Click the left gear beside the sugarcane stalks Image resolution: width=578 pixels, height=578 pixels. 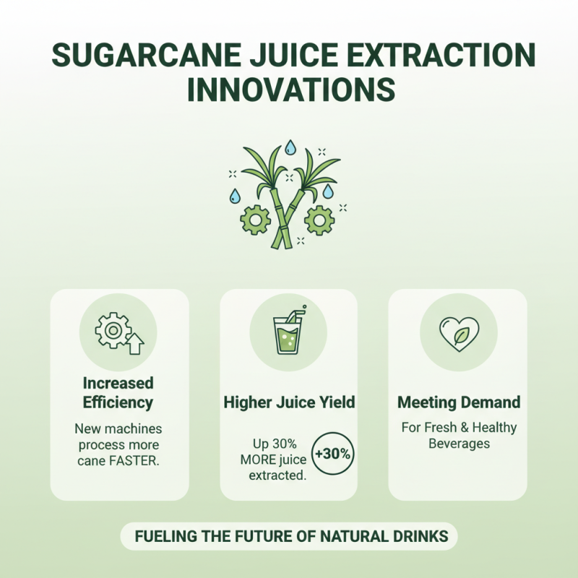pyautogui.click(x=256, y=218)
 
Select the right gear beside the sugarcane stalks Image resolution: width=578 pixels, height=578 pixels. pyautogui.click(x=319, y=220)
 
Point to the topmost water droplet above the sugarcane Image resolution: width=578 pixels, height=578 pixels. pyautogui.click(x=290, y=147)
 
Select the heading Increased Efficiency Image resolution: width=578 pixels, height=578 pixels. pyautogui.click(x=118, y=392)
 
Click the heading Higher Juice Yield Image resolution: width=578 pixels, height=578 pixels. pyautogui.click(x=289, y=402)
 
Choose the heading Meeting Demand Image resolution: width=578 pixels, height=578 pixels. pyautogui.click(x=458, y=402)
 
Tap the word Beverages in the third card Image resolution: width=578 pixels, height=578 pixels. pyautogui.click(x=458, y=444)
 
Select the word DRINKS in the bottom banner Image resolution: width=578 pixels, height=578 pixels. pyautogui.click(x=421, y=537)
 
